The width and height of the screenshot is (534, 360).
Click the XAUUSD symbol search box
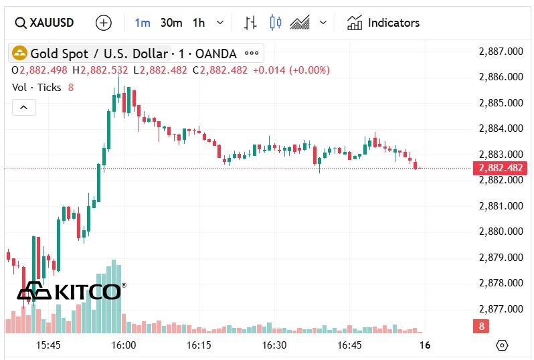(x=44, y=23)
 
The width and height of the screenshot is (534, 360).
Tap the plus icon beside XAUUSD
(x=104, y=23)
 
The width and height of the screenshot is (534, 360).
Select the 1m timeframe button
(x=143, y=23)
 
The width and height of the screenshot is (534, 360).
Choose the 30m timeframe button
(x=171, y=23)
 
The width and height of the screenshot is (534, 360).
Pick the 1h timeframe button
(x=199, y=23)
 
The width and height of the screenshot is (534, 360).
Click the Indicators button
(x=383, y=23)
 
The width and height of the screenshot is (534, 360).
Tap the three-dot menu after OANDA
(x=252, y=54)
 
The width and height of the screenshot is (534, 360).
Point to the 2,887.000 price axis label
(x=501, y=51)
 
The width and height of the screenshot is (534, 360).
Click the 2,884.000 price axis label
(x=501, y=128)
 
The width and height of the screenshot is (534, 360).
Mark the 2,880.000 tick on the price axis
(x=501, y=232)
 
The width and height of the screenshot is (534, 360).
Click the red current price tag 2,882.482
(x=499, y=168)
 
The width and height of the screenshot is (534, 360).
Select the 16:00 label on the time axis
(x=124, y=345)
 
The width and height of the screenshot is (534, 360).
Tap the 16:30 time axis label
(x=274, y=345)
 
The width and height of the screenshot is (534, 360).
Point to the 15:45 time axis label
(x=48, y=345)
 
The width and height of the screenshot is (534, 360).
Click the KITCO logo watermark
(x=70, y=291)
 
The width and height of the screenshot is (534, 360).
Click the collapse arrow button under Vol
(x=23, y=107)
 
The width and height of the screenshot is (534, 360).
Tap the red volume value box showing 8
(x=480, y=327)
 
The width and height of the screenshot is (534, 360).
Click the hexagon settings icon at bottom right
(x=503, y=345)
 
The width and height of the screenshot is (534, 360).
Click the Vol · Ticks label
(x=37, y=88)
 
